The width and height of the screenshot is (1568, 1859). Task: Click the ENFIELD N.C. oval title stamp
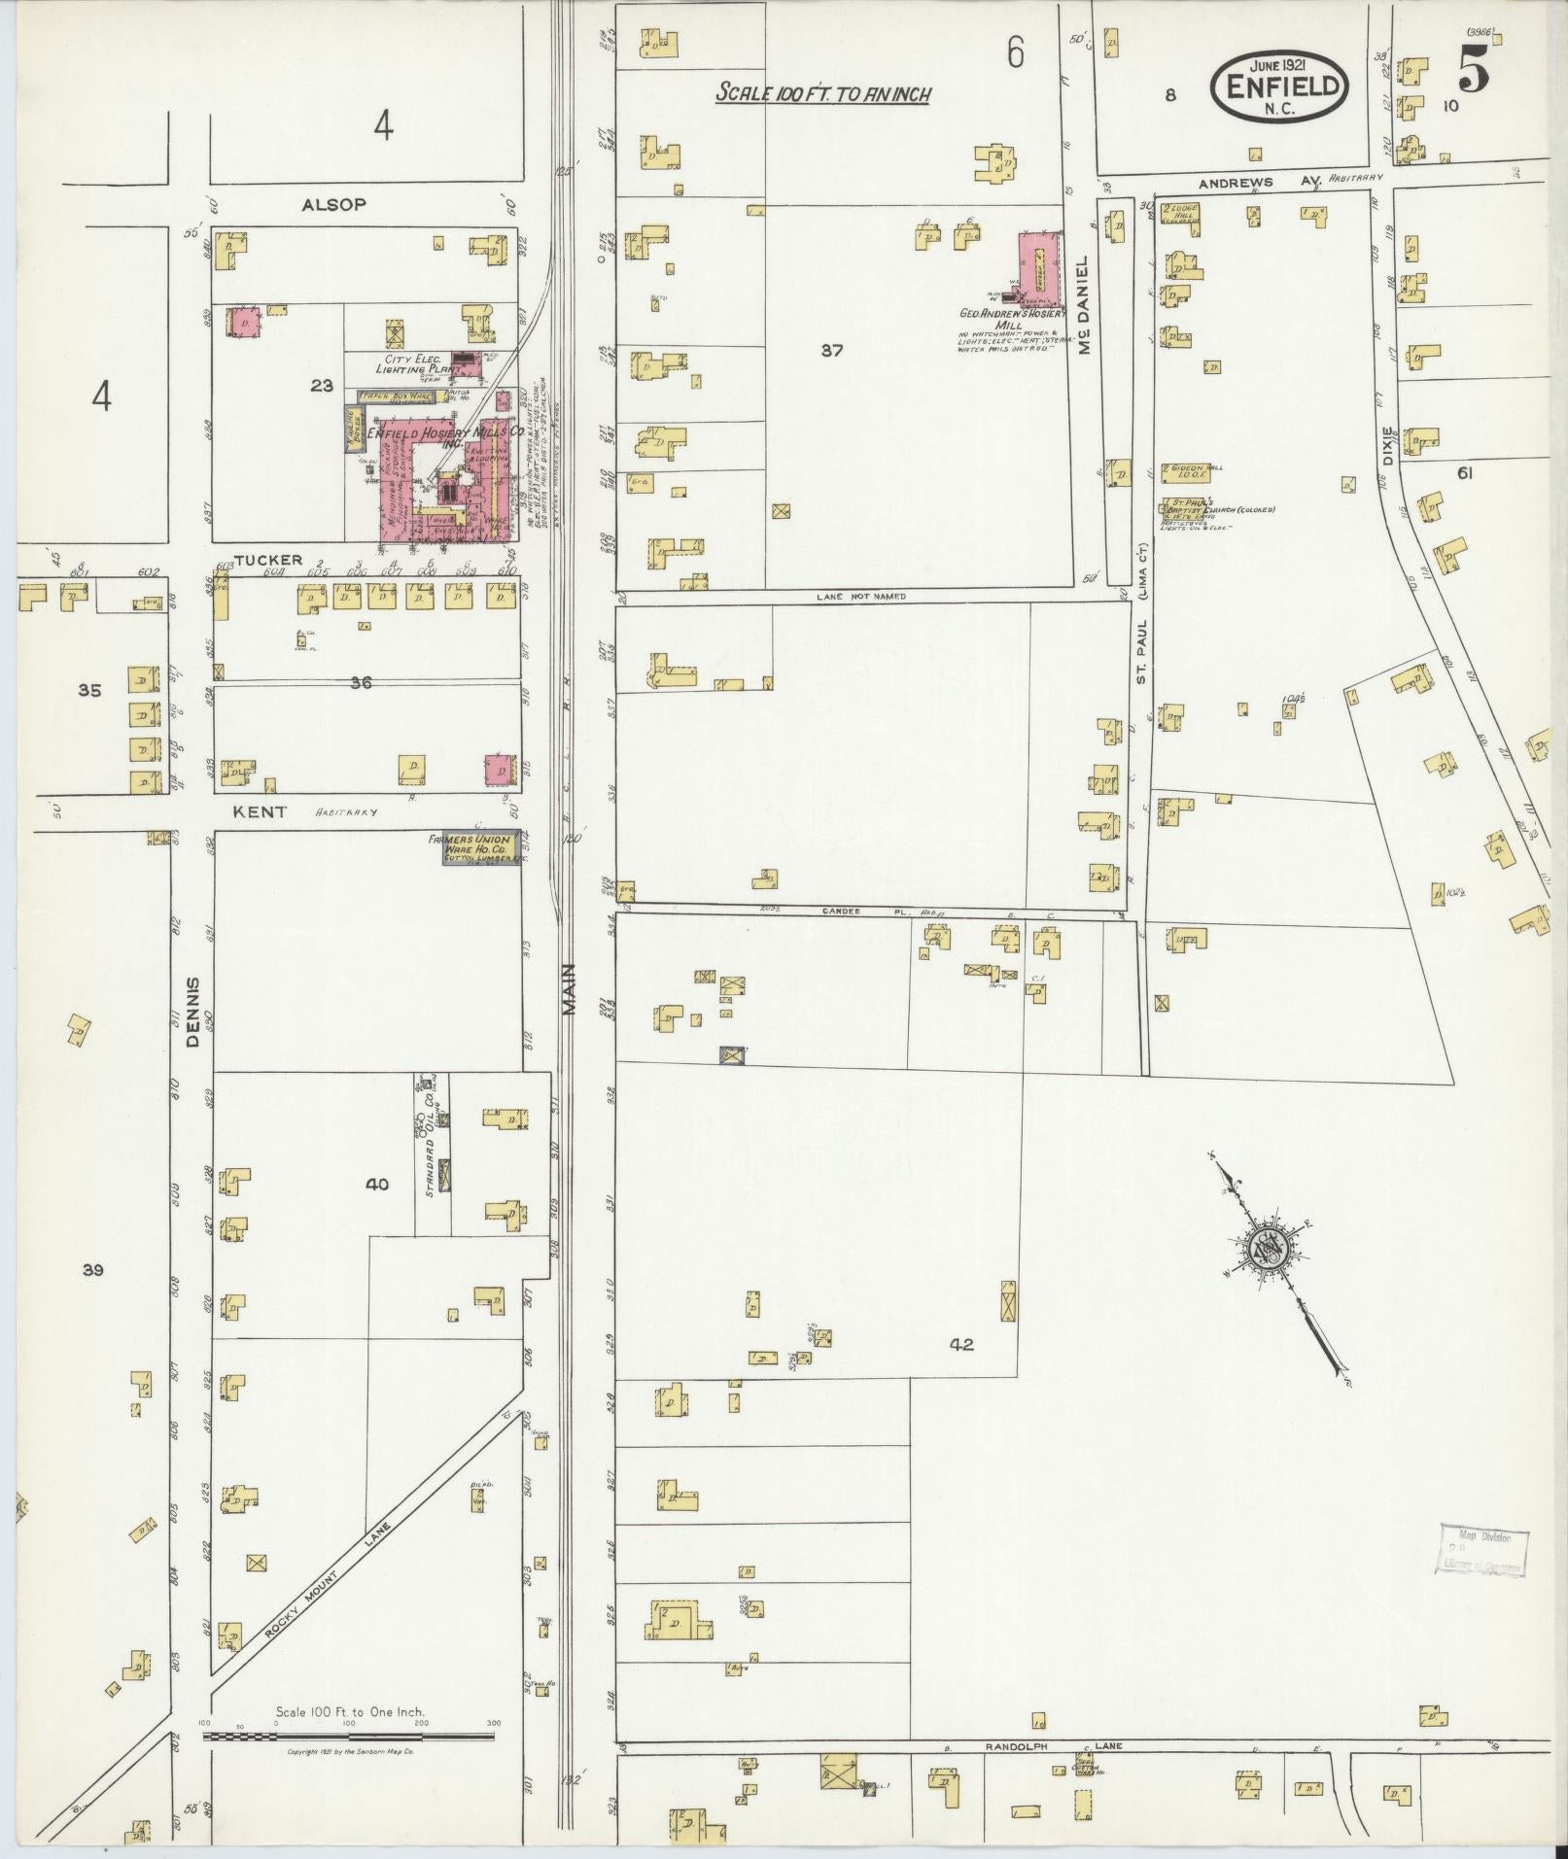1279,85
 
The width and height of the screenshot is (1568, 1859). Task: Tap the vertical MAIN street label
569,989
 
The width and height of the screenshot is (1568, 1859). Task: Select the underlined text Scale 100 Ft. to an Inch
823,94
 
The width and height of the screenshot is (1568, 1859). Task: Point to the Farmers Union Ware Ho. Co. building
476,849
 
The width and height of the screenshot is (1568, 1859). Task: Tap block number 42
961,1345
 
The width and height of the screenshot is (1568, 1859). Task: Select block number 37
831,351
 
